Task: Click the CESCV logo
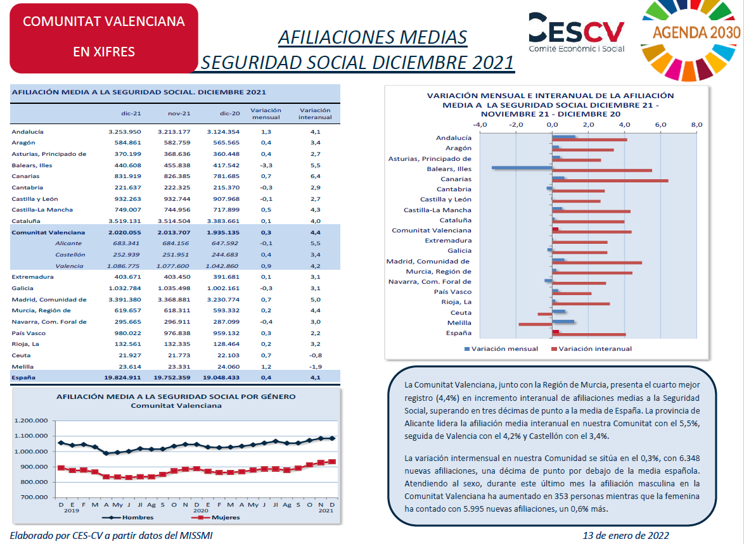[x=577, y=32]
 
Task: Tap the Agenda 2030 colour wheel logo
[x=691, y=38]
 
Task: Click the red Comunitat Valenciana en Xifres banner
[x=104, y=38]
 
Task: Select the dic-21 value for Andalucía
[x=125, y=132]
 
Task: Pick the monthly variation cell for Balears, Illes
[x=266, y=165]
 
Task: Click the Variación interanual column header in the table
[x=315, y=114]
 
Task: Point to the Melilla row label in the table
[x=23, y=367]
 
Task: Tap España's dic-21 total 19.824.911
[x=122, y=377]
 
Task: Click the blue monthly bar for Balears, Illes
[x=522, y=167]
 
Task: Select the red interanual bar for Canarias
[x=610, y=180]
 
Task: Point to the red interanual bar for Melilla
[x=536, y=324]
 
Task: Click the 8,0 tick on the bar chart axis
[x=696, y=125]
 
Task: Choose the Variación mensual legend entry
[x=501, y=348]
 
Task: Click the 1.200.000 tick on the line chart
[x=31, y=421]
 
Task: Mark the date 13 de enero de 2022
[x=626, y=536]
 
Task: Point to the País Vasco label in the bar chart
[x=452, y=292]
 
